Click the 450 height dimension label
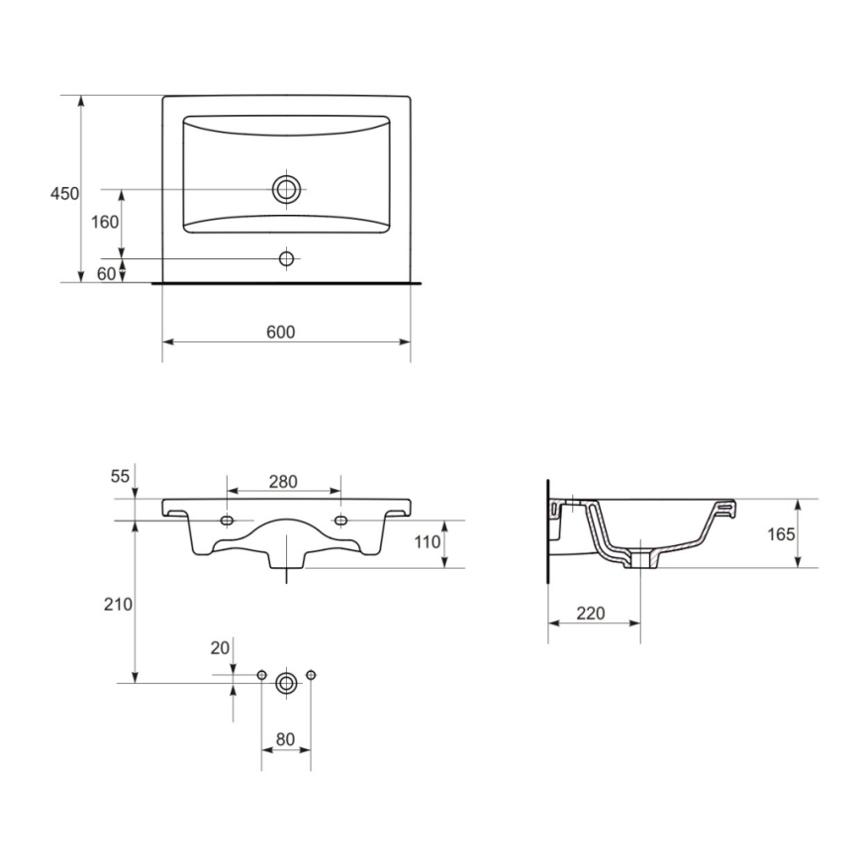click(x=64, y=194)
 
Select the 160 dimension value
click(x=105, y=222)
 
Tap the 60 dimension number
click(x=107, y=274)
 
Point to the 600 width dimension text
click(x=280, y=333)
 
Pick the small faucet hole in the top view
click(x=287, y=258)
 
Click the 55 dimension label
click(x=120, y=476)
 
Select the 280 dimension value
click(x=283, y=482)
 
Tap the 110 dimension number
click(x=426, y=542)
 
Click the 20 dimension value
click(x=220, y=647)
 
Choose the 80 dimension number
click(x=286, y=738)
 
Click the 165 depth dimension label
click(x=781, y=534)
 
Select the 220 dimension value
click(x=590, y=614)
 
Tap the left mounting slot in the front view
click(x=229, y=522)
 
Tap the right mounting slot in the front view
click(x=341, y=522)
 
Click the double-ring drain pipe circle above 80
click(x=286, y=682)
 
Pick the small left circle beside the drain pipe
click(x=261, y=675)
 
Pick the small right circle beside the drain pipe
click(x=311, y=675)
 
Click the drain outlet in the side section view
click(x=641, y=559)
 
